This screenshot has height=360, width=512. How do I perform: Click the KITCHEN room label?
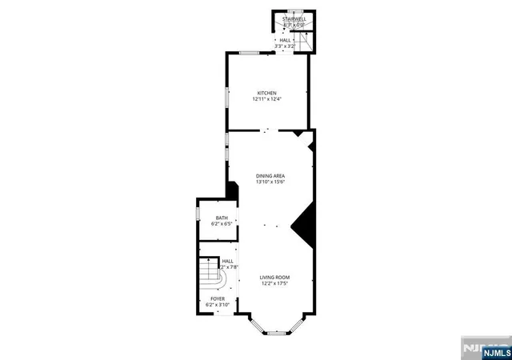[266, 93]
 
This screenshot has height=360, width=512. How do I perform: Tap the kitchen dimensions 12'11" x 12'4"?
[266, 99]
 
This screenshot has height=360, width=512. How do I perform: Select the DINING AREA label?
[270, 176]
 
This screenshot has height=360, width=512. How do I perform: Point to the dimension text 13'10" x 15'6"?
[270, 182]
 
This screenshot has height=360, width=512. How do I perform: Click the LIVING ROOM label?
[274, 277]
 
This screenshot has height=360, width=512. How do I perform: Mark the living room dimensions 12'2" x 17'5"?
[274, 283]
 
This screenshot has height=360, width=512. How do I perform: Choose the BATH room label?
[222, 218]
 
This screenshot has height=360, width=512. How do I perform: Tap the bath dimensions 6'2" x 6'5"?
[222, 224]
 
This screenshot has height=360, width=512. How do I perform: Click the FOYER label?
[218, 298]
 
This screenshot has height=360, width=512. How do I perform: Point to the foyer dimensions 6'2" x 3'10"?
[218, 305]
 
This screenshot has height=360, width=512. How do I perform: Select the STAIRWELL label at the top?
[294, 18]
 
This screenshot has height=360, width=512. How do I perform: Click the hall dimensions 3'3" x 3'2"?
[286, 46]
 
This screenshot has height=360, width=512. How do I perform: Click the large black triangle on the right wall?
[304, 227]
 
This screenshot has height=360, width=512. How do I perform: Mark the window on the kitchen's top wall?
[249, 53]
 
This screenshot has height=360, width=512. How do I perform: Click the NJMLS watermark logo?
[485, 349]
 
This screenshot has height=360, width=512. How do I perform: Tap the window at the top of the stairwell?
[294, 12]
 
